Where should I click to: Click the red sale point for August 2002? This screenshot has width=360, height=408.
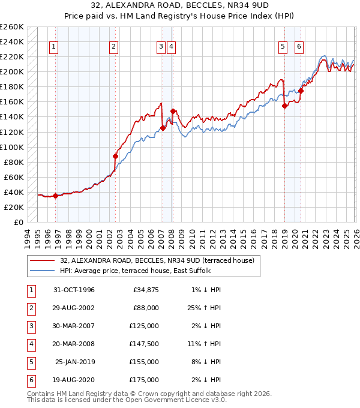pos(115,156)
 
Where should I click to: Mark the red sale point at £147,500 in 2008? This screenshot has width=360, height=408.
pos(173,111)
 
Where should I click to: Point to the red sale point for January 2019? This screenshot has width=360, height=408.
pos(284,106)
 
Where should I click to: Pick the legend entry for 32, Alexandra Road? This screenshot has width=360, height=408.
pos(157,260)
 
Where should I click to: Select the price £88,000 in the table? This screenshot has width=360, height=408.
pos(145,308)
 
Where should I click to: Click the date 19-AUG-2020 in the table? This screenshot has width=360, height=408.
pos(74,380)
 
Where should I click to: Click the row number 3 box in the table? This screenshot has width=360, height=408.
pos(29,326)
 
